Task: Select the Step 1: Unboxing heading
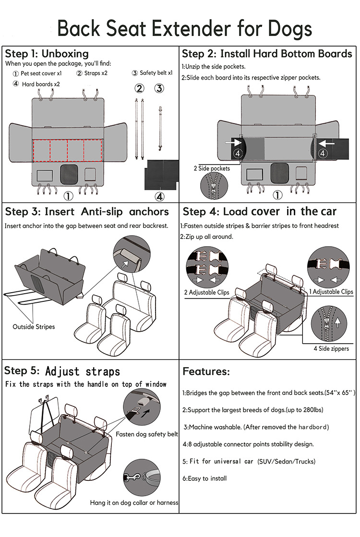tap(47, 53)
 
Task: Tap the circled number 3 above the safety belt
tap(159, 88)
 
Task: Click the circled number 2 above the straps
tap(139, 88)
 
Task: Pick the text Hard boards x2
tap(40, 84)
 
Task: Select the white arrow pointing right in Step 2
tap(235, 143)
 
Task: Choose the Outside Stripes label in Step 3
tap(34, 327)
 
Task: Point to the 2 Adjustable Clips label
tap(206, 292)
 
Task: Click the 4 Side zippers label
tap(331, 349)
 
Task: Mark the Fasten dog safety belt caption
tap(147, 434)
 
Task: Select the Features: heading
tap(206, 371)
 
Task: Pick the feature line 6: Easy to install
tap(204, 478)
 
